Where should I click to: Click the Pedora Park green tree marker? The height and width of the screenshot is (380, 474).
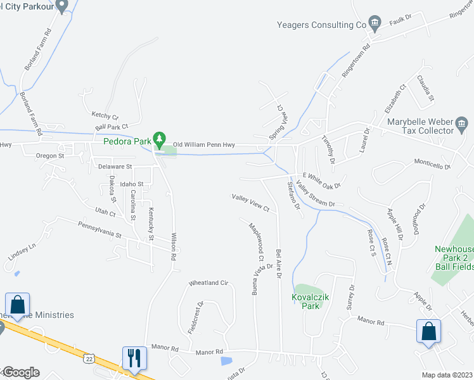tap(160, 138)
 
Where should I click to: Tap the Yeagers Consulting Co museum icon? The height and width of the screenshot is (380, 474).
tap(375, 24)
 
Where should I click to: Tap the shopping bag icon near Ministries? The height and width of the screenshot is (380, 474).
tap(16, 304)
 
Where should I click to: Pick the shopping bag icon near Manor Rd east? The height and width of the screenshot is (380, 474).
tap(428, 331)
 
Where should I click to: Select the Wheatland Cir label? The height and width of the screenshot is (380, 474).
tap(208, 282)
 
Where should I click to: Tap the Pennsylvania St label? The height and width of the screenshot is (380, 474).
tap(99, 229)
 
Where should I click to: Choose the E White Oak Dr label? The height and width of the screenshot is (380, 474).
tap(322, 181)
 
